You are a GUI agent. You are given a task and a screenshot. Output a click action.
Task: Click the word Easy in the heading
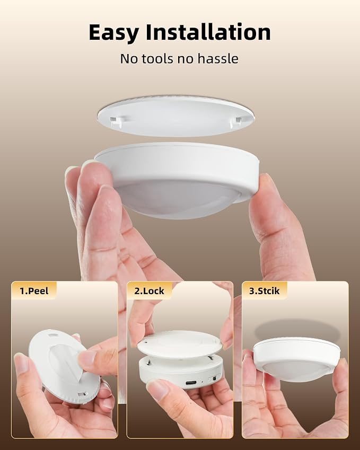tap(113, 33)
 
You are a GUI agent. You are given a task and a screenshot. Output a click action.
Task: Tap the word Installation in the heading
tap(208, 32)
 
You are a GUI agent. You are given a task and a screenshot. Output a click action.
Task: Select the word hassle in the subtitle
tap(218, 58)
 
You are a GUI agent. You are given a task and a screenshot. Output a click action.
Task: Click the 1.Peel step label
tap(34, 290)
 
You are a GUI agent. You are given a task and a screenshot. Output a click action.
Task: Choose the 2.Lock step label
tap(149, 290)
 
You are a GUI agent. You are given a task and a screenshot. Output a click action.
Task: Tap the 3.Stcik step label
tap(264, 290)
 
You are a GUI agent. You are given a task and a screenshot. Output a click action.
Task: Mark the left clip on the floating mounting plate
tap(116, 121)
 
